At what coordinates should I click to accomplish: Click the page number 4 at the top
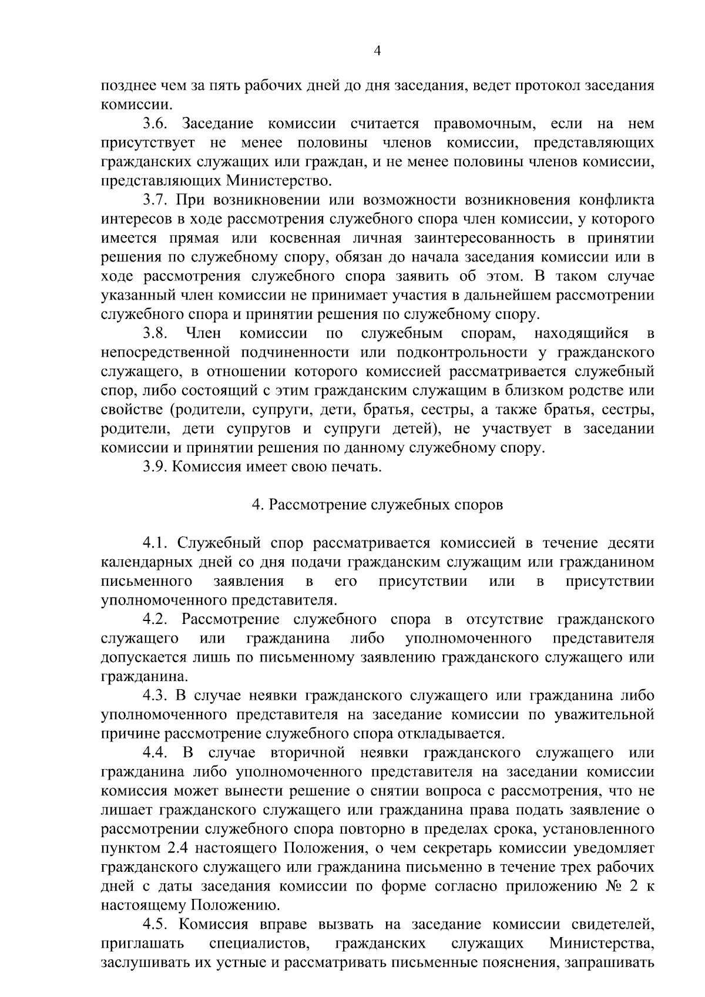coord(378,51)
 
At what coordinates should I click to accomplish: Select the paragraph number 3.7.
coord(156,200)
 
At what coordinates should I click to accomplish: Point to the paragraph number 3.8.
coord(156,334)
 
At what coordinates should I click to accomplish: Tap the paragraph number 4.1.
coord(156,543)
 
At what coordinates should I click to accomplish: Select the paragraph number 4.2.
coord(156,619)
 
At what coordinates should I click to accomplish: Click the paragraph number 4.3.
coord(156,696)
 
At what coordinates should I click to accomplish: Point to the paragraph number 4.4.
coord(156,753)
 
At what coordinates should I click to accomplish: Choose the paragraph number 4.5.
coord(156,924)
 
